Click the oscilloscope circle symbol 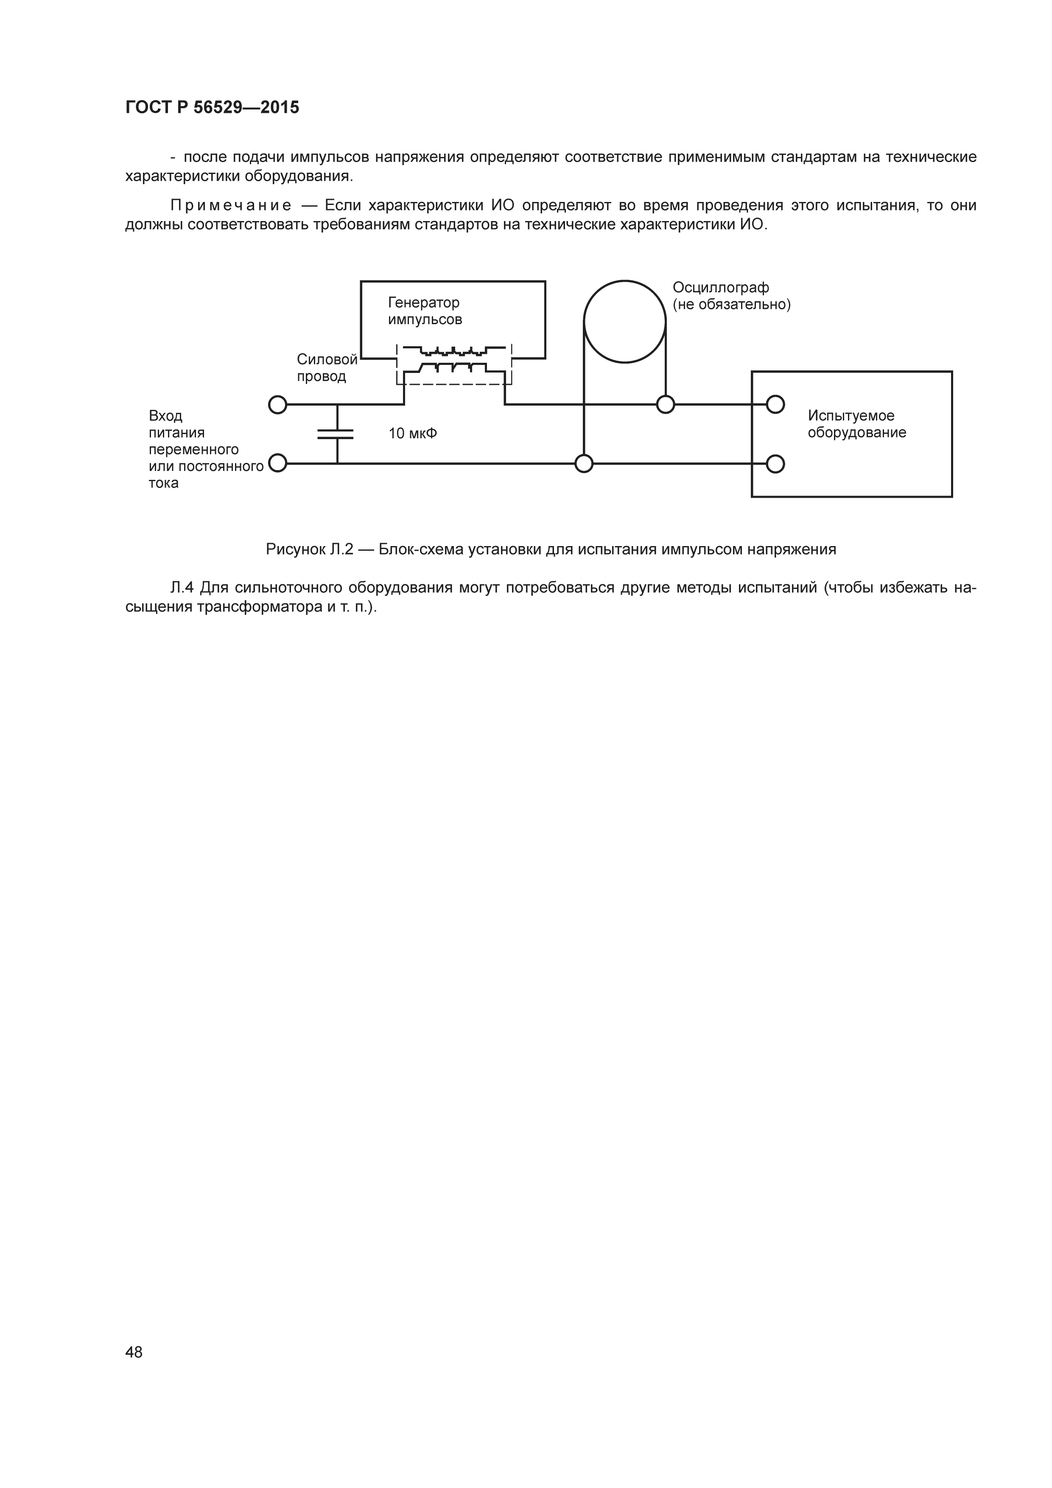[624, 322]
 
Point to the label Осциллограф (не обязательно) [731, 296]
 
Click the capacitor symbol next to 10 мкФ [336, 434]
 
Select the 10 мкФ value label [413, 433]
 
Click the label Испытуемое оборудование [856, 424]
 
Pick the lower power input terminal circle [277, 463]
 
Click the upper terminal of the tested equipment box [775, 404]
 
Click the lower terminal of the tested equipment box [775, 464]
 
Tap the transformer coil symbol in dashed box [453, 360]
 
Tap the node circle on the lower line [584, 464]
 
